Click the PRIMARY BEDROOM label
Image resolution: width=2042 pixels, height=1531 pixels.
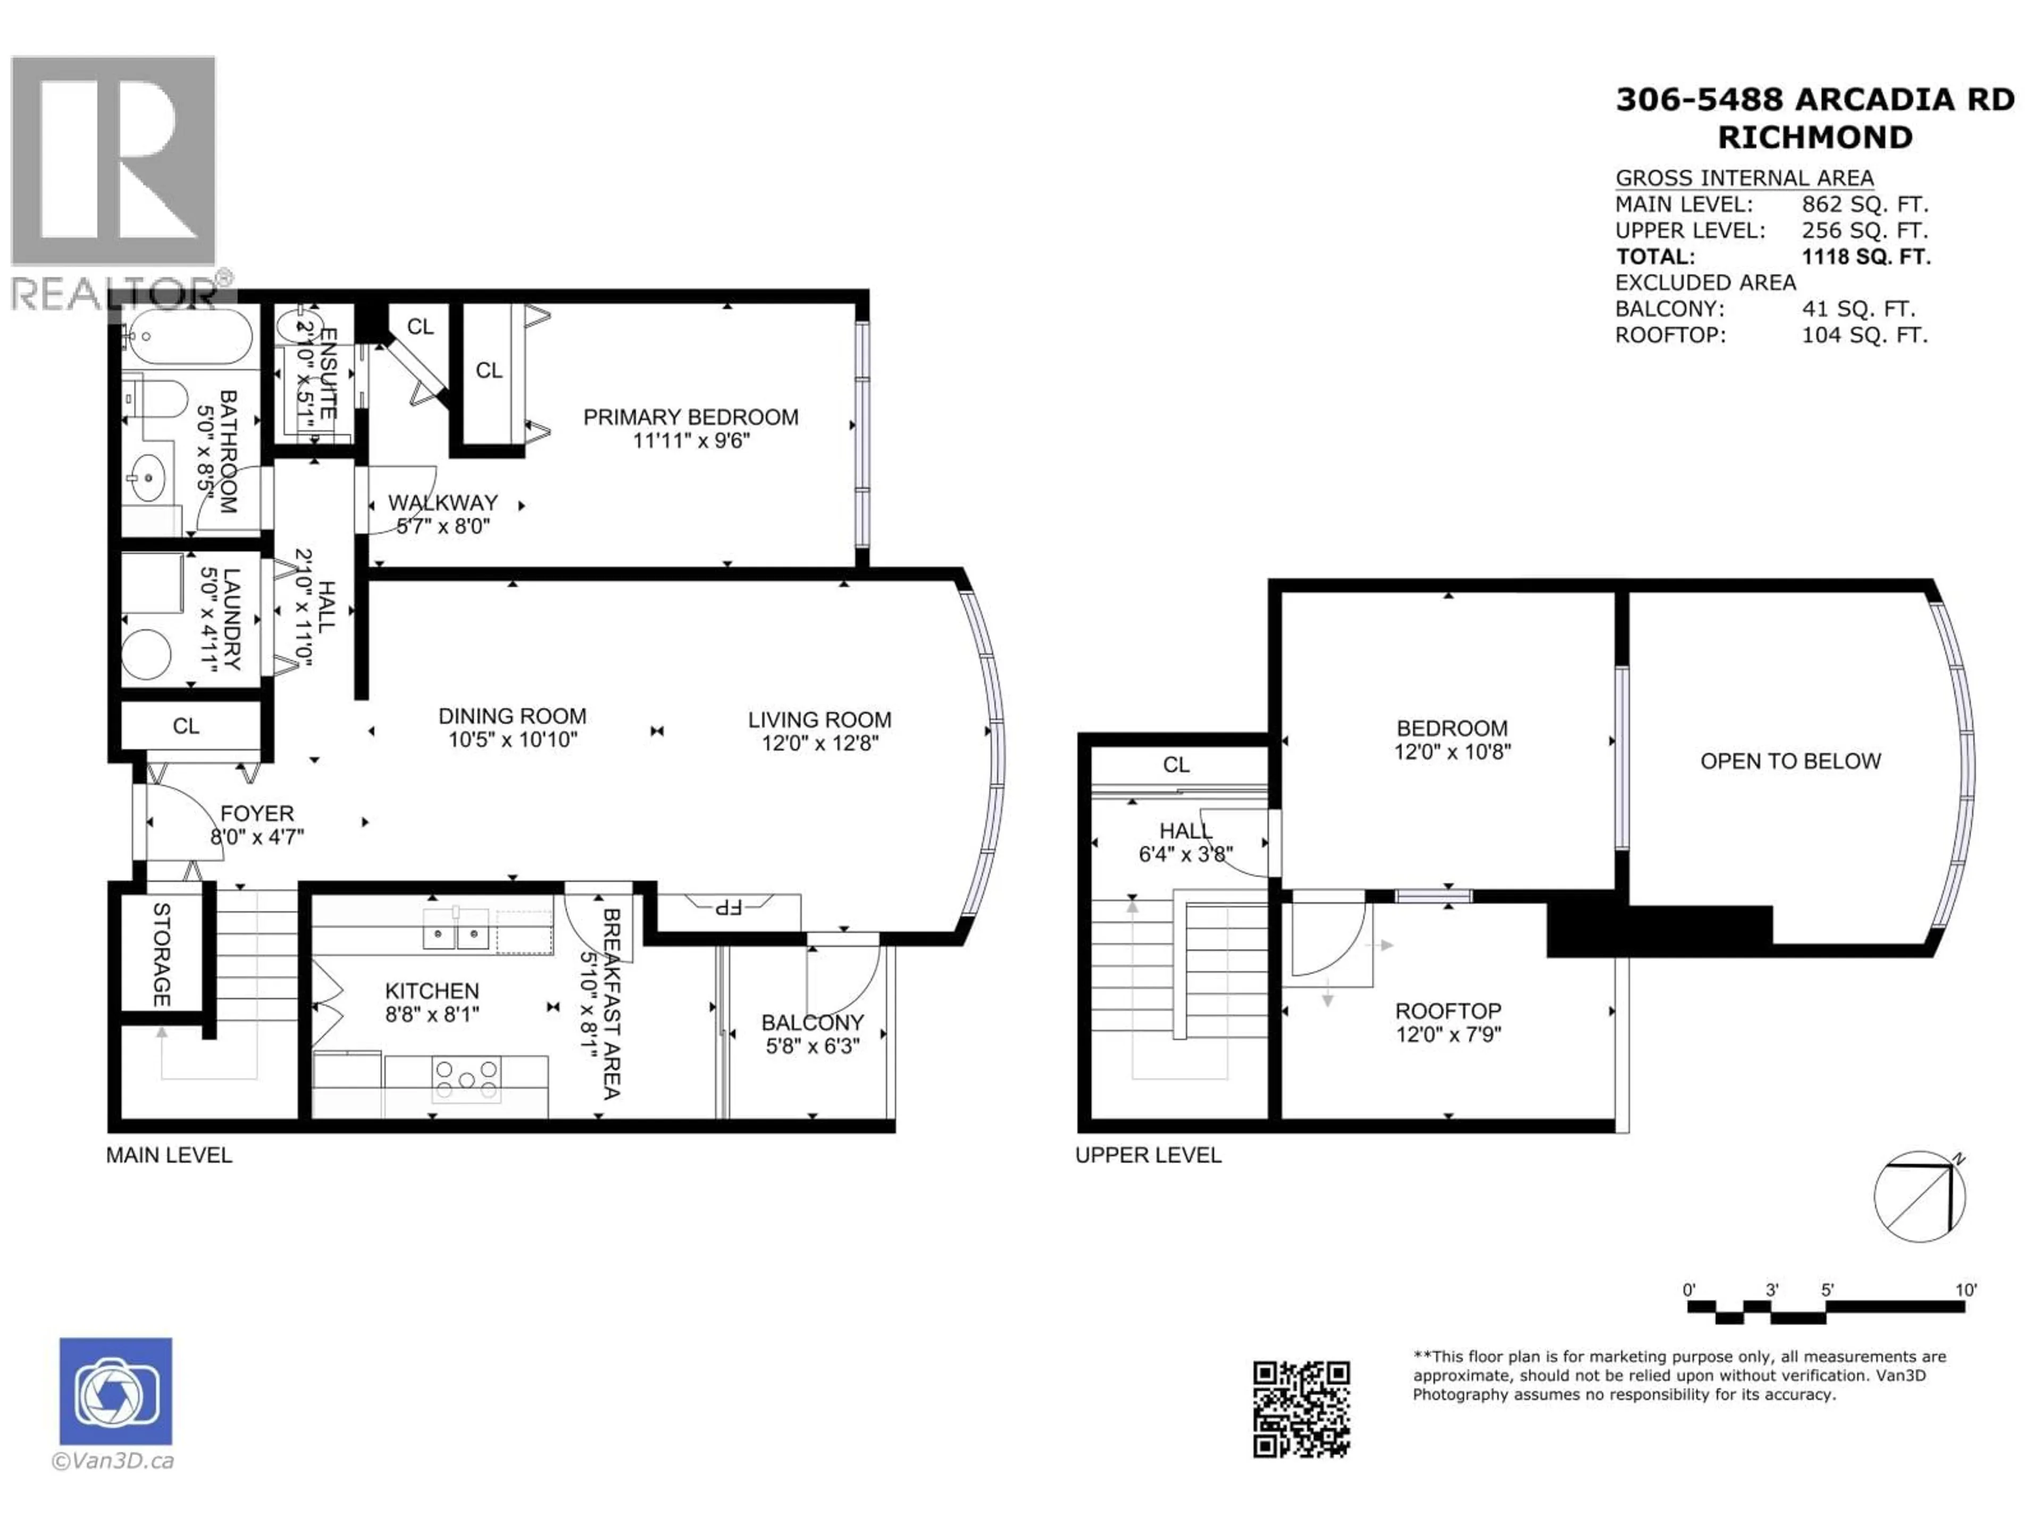[691, 417]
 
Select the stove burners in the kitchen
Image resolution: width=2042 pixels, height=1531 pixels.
[466, 1079]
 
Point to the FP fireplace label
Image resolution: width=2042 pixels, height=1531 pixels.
[729, 907]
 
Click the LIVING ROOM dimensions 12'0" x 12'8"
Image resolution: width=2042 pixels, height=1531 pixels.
[820, 743]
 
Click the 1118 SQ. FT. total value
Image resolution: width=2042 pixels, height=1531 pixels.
[1865, 257]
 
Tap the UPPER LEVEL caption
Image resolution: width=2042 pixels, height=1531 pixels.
[1148, 1155]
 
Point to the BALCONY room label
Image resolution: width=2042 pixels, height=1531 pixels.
[813, 1022]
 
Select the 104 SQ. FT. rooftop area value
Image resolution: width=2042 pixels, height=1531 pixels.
[1864, 335]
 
